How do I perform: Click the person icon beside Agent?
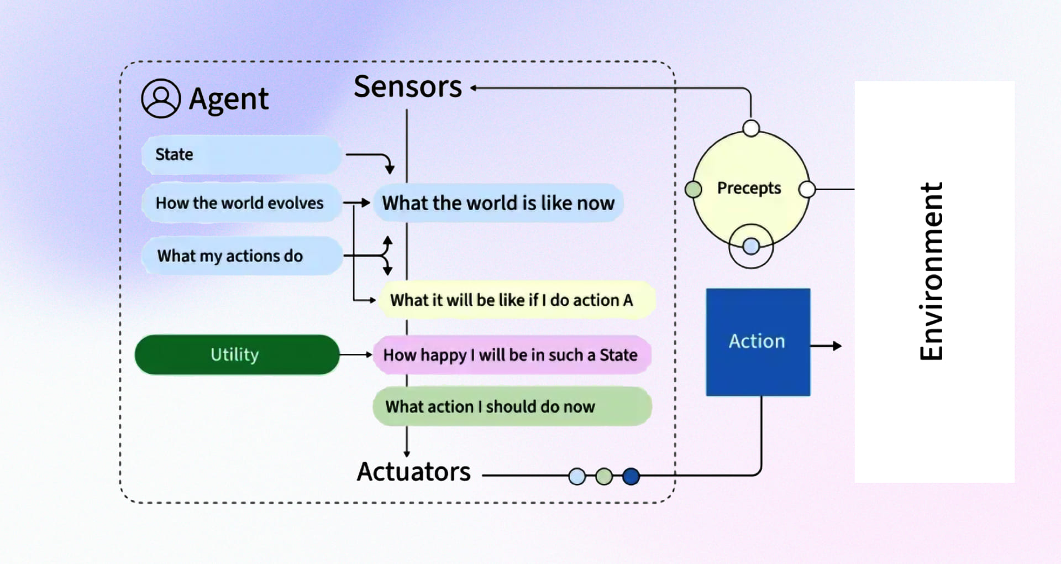point(160,98)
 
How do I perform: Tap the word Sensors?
point(408,87)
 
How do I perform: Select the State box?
point(241,154)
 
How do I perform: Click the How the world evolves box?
point(241,203)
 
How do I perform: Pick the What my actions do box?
point(241,256)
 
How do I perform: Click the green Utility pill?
point(237,354)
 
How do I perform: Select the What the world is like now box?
point(498,203)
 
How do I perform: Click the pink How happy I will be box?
point(511,354)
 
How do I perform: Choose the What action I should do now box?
point(511,406)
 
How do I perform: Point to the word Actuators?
point(413,472)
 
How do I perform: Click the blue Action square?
point(758,342)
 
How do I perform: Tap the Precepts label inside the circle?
point(749,188)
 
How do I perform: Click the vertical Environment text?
point(932,271)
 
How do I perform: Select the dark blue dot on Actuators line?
point(631,476)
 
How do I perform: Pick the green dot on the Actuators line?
point(604,476)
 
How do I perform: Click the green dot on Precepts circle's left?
point(693,189)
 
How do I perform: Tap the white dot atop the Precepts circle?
point(751,128)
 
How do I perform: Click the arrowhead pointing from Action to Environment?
point(837,346)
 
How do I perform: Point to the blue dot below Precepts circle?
point(751,246)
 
